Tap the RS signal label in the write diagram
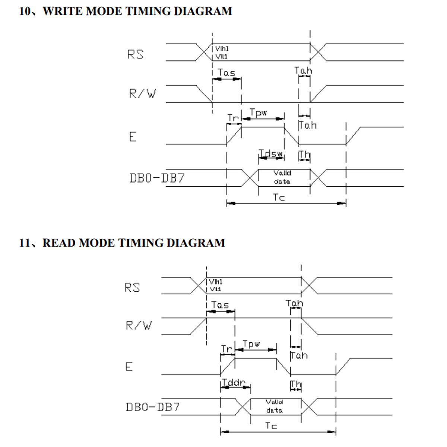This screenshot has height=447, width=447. click(x=135, y=54)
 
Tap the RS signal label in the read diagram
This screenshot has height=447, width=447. click(x=132, y=288)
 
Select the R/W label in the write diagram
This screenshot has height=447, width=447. click(x=142, y=93)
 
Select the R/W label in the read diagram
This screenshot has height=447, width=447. click(x=139, y=326)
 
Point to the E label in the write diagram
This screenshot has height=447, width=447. click(x=133, y=137)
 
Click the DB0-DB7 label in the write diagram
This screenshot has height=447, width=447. click(x=157, y=178)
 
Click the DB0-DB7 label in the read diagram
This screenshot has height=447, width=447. click(x=153, y=407)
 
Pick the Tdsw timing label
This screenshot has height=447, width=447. click(x=271, y=153)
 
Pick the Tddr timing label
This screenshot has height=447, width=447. click(x=234, y=383)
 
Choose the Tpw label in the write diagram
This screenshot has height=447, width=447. click(x=258, y=112)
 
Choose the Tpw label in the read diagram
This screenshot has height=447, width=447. click(x=251, y=344)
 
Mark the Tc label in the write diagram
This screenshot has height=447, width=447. click(x=279, y=197)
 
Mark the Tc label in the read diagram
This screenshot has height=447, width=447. click(x=271, y=426)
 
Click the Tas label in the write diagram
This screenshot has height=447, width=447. click(x=226, y=73)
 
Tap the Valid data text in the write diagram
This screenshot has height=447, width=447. click(x=282, y=177)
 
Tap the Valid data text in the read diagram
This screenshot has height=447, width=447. click(x=274, y=406)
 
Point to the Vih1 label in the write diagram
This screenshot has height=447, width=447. click(x=222, y=49)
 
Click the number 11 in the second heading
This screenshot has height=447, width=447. click(x=25, y=243)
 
